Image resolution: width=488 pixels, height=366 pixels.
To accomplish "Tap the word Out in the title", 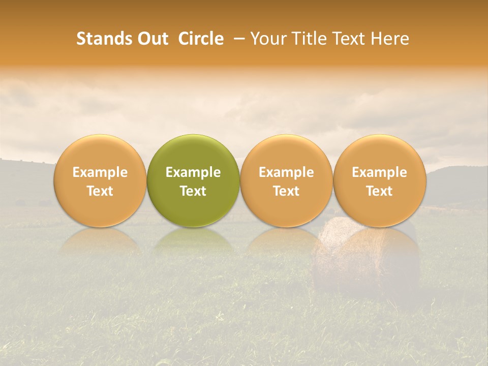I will tap(153, 39).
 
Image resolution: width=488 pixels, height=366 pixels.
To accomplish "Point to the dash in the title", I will tap(237, 39).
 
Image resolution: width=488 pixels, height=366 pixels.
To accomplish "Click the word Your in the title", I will tap(268, 39).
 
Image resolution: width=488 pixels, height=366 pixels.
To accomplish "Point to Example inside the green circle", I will tap(193, 172).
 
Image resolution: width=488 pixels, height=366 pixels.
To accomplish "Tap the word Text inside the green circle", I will tap(193, 191).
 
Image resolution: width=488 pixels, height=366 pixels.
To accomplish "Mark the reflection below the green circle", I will tap(193, 241).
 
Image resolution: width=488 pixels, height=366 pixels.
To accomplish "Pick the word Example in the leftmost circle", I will tap(100, 172).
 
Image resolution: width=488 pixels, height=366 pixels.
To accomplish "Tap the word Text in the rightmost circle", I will tap(379, 191).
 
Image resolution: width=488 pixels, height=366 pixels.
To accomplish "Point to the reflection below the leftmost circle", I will tap(100, 241).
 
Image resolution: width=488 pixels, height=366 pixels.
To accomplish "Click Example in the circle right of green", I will tap(286, 172).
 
